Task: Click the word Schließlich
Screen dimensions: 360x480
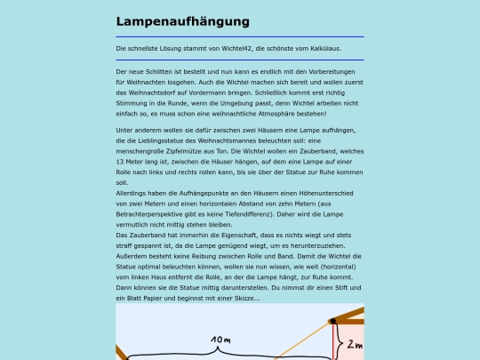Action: (x=276, y=93)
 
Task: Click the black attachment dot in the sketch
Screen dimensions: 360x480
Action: (x=332, y=321)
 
